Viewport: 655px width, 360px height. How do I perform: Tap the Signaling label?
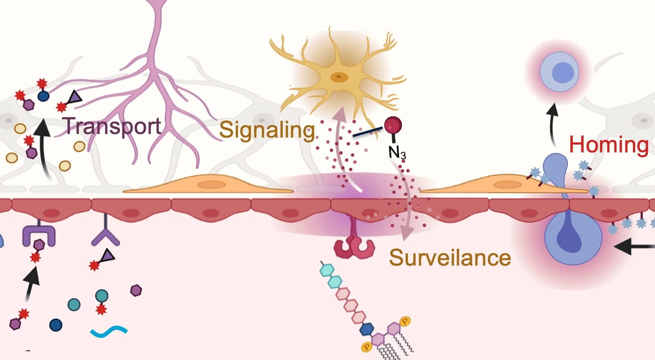tap(267, 130)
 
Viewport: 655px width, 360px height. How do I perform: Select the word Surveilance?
tap(450, 257)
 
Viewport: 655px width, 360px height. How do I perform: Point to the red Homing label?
tap(608, 145)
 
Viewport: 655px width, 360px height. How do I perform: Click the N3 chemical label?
tap(397, 152)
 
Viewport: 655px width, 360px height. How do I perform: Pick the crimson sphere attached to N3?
tap(393, 125)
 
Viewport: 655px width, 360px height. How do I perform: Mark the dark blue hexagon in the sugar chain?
tap(366, 330)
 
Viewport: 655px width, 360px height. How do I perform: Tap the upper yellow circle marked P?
tap(405, 321)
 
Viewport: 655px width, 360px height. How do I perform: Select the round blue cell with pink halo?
tap(559, 73)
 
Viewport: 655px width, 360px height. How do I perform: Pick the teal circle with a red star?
tap(102, 296)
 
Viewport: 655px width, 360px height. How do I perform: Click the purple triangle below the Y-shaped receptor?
tap(108, 256)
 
